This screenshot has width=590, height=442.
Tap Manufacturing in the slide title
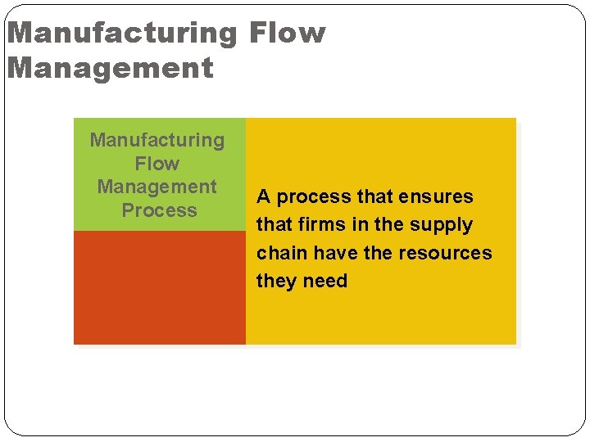[121, 33]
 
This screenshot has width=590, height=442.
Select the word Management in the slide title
[110, 67]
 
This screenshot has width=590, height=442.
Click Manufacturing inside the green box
[157, 140]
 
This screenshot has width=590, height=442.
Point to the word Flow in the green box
[157, 164]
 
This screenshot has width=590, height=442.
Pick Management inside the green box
[157, 187]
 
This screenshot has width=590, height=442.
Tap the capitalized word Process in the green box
[159, 210]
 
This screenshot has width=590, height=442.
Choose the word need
[325, 281]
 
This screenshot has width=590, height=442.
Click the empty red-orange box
[160, 287]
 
